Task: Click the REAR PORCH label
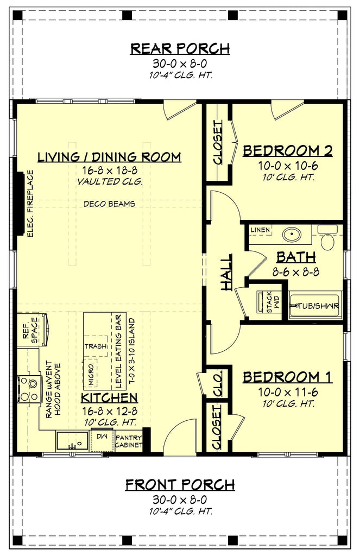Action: click(x=180, y=49)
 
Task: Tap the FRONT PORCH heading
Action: click(x=180, y=484)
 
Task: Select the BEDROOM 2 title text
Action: click(x=287, y=151)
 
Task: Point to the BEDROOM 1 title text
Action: click(x=287, y=377)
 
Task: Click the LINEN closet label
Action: click(x=260, y=230)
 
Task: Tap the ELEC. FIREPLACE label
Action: click(x=30, y=204)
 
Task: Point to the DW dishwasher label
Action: click(x=102, y=435)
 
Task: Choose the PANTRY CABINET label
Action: click(x=129, y=441)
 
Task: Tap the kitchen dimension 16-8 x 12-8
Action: click(x=109, y=410)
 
